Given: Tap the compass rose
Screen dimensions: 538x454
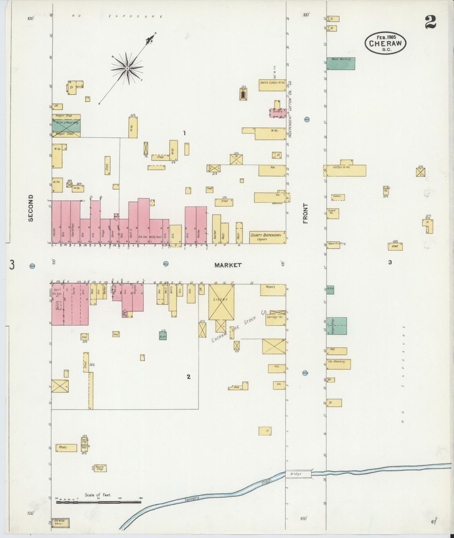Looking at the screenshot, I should click(127, 68).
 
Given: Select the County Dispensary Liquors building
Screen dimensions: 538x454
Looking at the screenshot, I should click(267, 237).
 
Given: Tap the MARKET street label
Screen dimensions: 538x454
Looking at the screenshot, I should click(228, 265).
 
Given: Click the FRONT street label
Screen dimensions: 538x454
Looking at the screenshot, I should click(305, 213).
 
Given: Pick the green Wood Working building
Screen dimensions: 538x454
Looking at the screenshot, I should click(341, 63).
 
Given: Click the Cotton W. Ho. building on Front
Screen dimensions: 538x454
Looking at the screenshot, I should click(346, 170).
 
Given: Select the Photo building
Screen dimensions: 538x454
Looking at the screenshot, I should click(66, 448).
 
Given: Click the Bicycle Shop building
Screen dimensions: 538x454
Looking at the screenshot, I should click(100, 468).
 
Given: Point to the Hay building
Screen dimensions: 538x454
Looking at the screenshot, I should click(337, 351).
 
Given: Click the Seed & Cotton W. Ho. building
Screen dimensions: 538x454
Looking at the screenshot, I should click(272, 85).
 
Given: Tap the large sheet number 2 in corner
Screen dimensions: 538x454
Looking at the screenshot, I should click(430, 22).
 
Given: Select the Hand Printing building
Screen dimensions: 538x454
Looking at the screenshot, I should click(333, 245).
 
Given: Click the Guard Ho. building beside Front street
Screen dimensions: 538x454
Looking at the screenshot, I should click(333, 213).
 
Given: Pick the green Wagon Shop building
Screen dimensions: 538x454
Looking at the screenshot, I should click(337, 326).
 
